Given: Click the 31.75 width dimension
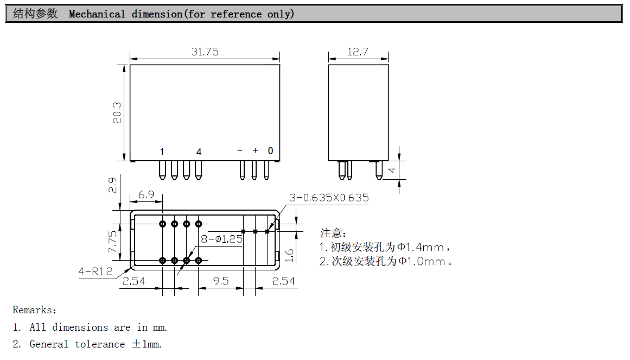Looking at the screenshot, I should [x=205, y=52].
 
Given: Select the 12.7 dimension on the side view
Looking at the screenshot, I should [x=358, y=52].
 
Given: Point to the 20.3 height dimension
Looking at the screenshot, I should [x=117, y=113].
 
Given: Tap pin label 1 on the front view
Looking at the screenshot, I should [x=162, y=151].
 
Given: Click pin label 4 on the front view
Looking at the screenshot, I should [x=199, y=151].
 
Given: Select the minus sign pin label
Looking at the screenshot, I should [x=240, y=150].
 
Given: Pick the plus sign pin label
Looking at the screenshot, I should [x=255, y=150].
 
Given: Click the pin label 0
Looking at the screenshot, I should [x=270, y=151].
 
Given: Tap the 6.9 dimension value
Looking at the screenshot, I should [x=146, y=194].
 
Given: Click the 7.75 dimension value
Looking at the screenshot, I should [x=112, y=242].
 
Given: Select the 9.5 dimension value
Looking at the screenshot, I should [x=221, y=281].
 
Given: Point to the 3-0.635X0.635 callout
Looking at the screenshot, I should [x=329, y=198].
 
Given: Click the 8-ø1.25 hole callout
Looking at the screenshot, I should [x=221, y=239].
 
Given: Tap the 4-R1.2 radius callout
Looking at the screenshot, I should [x=95, y=271].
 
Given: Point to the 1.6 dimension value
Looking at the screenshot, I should [x=289, y=256].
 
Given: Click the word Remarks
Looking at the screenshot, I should [x=32, y=310].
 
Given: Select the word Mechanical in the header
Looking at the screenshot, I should [x=97, y=14].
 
